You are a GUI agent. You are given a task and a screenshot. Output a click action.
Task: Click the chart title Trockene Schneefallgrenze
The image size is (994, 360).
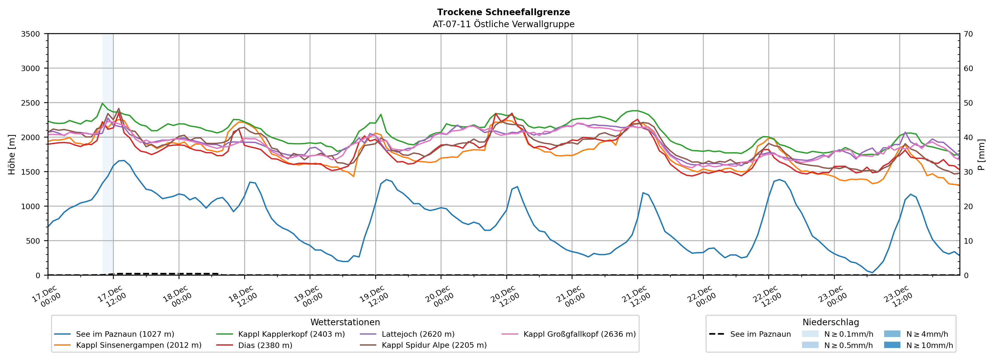pyautogui.click(x=503, y=12)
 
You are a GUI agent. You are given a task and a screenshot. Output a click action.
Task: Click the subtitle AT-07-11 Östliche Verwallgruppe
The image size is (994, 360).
pyautogui.click(x=503, y=24)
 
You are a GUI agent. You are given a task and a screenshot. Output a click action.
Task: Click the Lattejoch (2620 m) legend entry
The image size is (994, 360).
pyautogui.click(x=418, y=334)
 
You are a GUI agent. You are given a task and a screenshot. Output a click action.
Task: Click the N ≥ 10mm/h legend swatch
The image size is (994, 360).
pyautogui.click(x=892, y=345)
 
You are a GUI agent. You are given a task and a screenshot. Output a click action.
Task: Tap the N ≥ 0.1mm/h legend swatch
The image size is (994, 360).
pyautogui.click(x=810, y=334)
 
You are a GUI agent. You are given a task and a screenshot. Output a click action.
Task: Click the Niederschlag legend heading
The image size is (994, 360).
pyautogui.click(x=830, y=322)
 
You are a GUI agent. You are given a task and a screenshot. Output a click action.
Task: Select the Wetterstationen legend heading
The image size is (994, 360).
pyautogui.click(x=345, y=322)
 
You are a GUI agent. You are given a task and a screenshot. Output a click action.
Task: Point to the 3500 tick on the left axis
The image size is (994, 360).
pyautogui.click(x=31, y=34)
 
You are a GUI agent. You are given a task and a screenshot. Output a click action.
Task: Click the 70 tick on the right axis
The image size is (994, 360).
pyautogui.click(x=968, y=34)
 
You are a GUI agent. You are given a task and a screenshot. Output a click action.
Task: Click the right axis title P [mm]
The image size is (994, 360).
pyautogui.click(x=982, y=154)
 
